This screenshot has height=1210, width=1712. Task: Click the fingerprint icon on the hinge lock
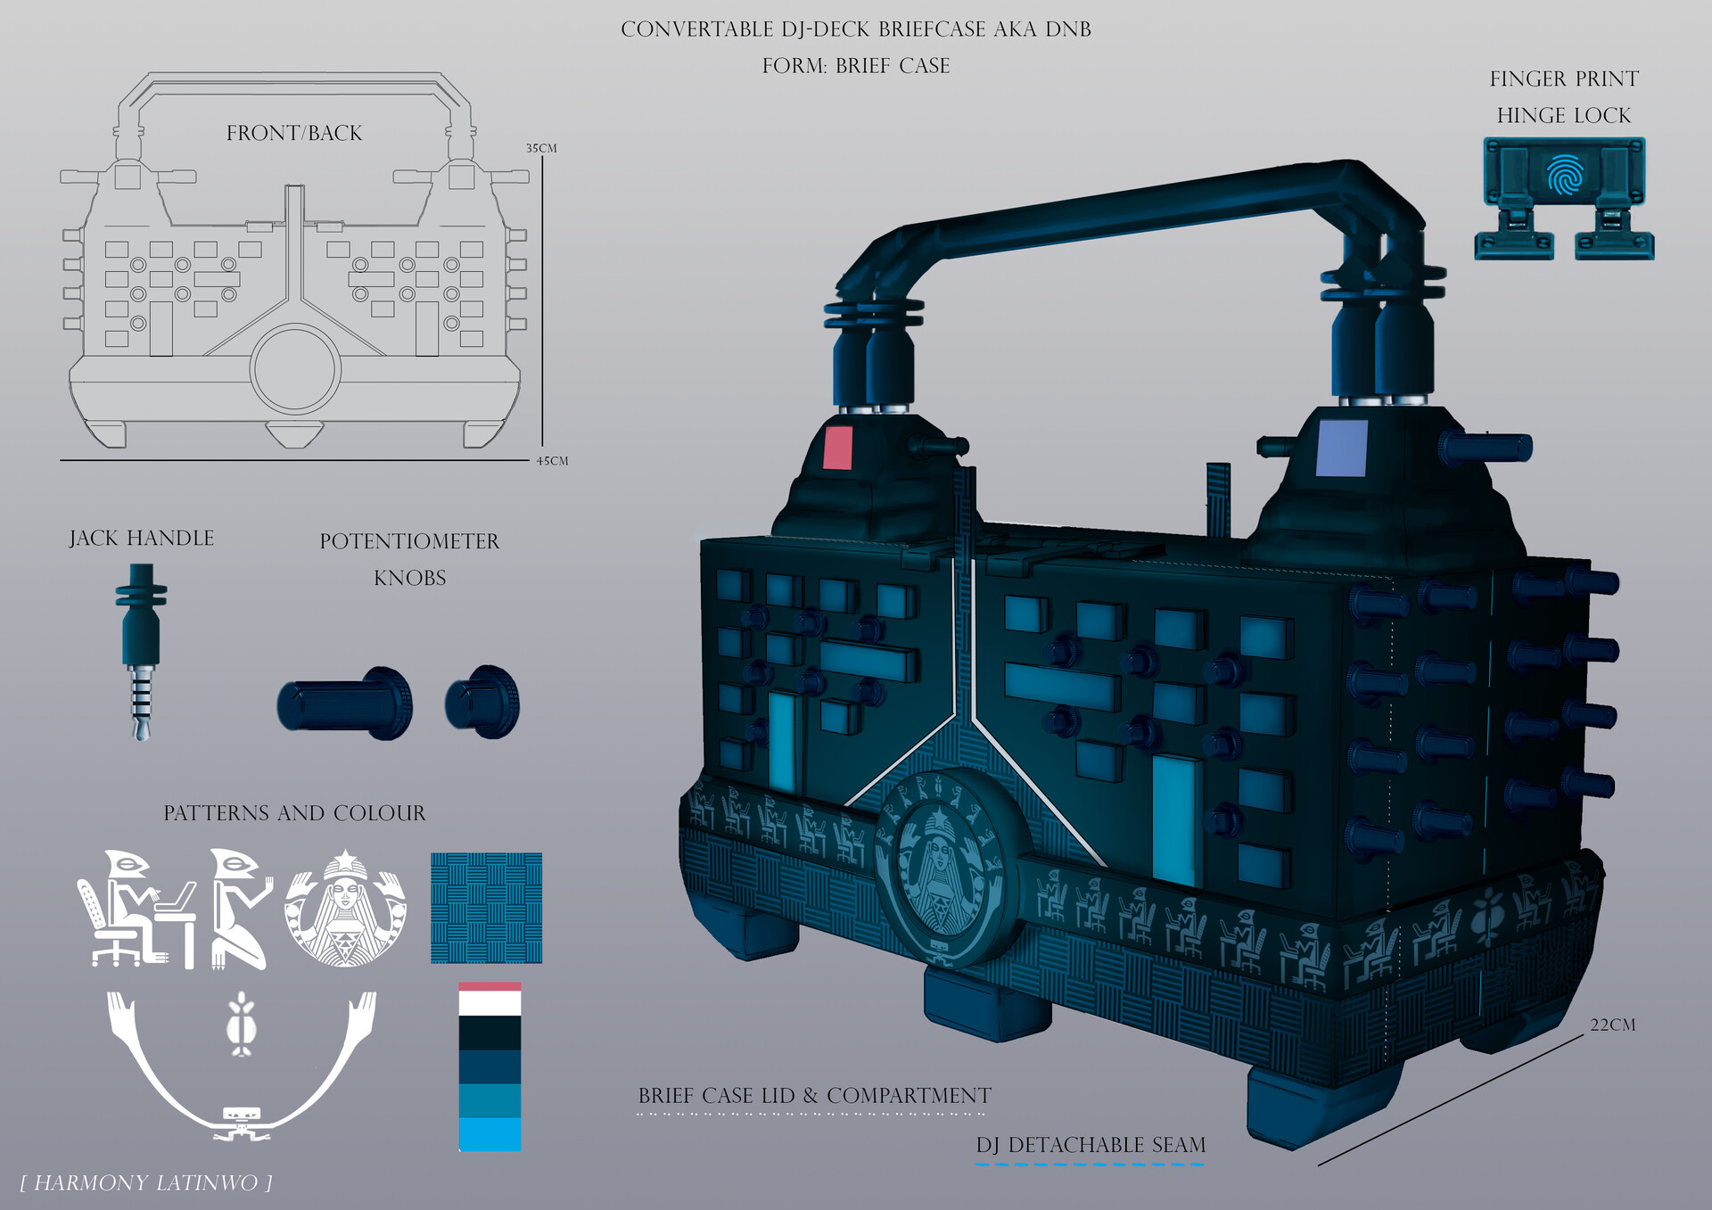1564,175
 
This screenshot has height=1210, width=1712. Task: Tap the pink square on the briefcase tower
837,448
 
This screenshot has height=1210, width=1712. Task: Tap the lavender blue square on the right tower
1341,449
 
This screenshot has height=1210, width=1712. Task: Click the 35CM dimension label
540,148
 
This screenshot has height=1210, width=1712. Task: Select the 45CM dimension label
552,461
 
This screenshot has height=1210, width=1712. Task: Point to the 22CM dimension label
1612,1025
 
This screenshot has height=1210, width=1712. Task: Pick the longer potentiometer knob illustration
345,704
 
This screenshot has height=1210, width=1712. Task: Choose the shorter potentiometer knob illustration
482,703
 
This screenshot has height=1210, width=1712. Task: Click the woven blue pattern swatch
486,908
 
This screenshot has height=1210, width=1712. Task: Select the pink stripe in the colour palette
490,986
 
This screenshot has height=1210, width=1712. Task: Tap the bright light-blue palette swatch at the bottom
490,1134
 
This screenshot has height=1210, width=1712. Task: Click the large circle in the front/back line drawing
295,369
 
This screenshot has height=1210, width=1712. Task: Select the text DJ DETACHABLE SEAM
1091,1145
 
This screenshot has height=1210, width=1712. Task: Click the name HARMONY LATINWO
146,1183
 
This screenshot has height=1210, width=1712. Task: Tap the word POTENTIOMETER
409,541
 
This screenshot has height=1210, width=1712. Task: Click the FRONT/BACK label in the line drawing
294,133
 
